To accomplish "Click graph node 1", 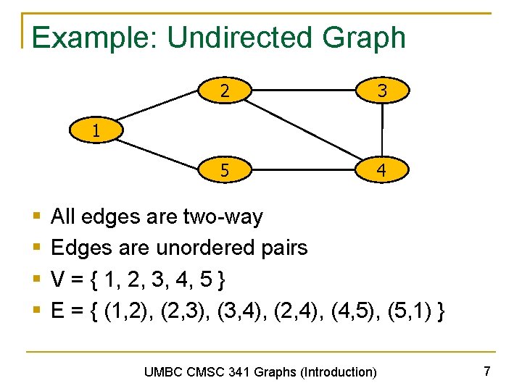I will (96, 132).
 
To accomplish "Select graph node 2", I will (225, 91).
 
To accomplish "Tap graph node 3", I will (381, 91).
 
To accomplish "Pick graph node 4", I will (381, 172).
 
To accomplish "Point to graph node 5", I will (225, 172).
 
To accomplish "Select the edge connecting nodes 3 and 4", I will (381, 131).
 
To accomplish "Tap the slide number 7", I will (487, 371).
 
